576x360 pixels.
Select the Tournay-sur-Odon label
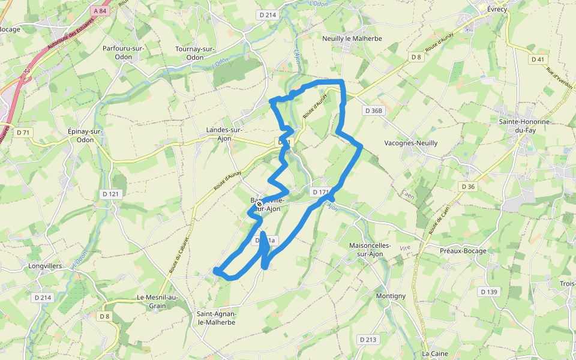point(196,53)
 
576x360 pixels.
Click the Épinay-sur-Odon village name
point(86,136)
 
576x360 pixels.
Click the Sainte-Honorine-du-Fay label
point(524,126)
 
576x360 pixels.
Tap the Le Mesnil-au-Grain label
point(158,301)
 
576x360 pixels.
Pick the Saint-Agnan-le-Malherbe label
point(217,318)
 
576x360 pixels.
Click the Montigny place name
point(391,296)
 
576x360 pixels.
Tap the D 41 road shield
point(538,59)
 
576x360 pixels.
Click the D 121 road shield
point(111,194)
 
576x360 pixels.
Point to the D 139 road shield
point(490,292)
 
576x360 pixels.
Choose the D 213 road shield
point(368,340)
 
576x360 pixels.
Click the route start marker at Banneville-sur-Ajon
point(259,205)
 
